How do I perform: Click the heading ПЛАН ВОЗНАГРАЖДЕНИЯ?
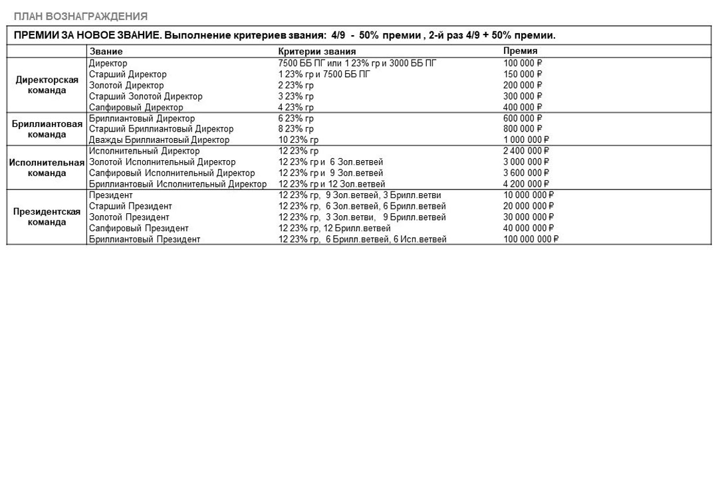(80, 16)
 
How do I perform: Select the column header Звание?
(106, 51)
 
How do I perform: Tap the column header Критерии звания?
(316, 51)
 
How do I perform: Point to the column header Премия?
(520, 51)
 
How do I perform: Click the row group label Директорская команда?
(47, 85)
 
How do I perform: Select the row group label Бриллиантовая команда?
(47, 129)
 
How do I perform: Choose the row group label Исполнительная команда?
(47, 167)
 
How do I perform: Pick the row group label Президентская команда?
(47, 217)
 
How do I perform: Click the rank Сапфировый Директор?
(136, 107)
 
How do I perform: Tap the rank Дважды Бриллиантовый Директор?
(159, 140)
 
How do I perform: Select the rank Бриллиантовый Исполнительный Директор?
(178, 184)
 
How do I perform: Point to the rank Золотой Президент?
(129, 217)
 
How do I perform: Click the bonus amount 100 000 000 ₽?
(531, 239)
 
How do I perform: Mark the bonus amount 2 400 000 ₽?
(526, 151)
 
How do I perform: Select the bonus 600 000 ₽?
(523, 118)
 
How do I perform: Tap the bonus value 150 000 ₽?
(523, 74)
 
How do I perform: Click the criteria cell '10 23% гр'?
(298, 140)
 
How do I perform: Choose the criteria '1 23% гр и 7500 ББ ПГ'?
(324, 74)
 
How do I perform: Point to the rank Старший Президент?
(130, 206)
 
